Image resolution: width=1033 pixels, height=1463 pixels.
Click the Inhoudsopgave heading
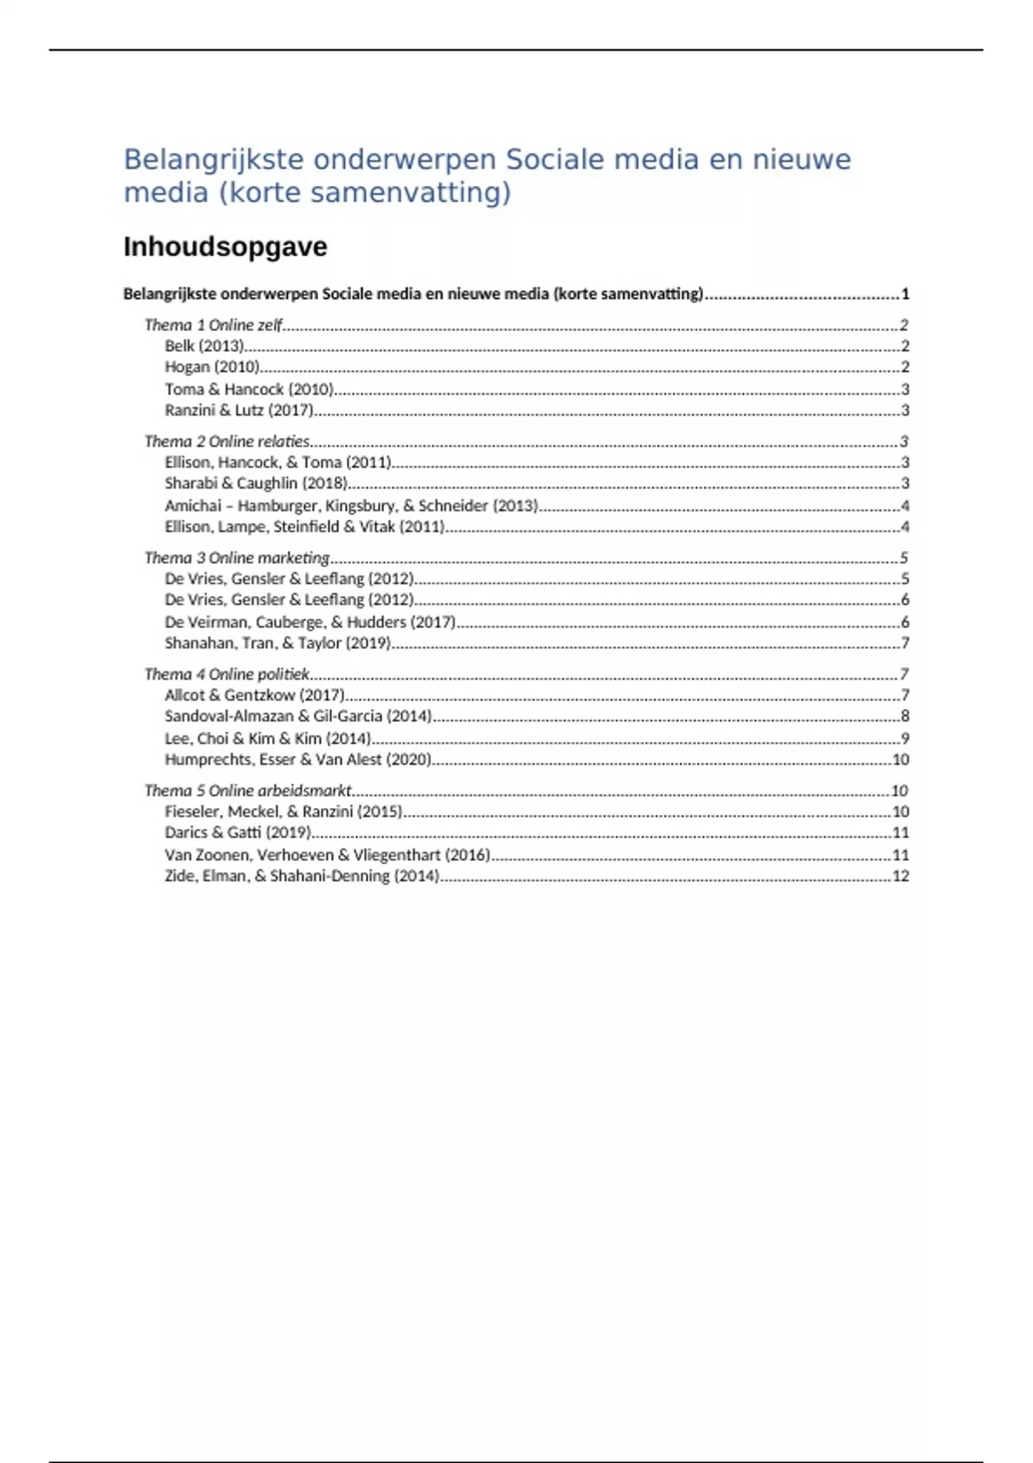coord(225,247)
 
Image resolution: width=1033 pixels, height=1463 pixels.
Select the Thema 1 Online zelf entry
coord(213,324)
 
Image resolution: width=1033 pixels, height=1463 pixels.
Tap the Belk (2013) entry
coord(204,346)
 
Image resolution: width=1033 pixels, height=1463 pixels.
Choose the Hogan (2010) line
coord(212,367)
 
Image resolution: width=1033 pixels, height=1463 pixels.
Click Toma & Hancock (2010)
coord(249,389)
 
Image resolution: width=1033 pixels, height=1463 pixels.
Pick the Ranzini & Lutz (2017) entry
coord(238,411)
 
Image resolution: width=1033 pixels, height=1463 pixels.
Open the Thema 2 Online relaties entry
coord(226,441)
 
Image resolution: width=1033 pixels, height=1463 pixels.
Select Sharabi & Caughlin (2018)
coord(256,484)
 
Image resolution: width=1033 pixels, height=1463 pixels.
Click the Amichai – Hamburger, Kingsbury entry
coord(350,505)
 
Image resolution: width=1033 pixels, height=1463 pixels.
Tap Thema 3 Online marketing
coord(237,558)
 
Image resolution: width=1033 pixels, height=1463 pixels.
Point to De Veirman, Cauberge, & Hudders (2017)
coord(309,621)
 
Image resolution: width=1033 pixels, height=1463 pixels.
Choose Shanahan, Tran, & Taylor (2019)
coord(277,643)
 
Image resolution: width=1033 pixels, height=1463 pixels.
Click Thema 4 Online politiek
coord(226,674)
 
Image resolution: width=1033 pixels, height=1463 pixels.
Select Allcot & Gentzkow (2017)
coord(254,694)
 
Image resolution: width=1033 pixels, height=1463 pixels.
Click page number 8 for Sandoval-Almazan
coord(905,716)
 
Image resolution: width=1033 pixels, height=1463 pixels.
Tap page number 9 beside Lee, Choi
coord(905,738)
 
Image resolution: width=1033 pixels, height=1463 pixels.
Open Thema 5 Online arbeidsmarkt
coord(248,790)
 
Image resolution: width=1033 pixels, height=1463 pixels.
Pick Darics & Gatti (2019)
coord(237,832)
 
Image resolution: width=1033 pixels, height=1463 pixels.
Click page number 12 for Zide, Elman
coord(900,876)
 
